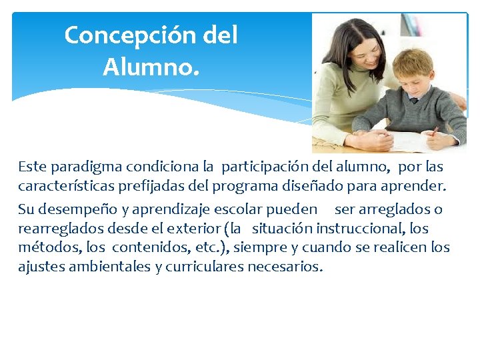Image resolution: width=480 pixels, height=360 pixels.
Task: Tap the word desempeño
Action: [71, 210]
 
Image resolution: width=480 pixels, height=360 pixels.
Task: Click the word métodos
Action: [45, 248]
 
